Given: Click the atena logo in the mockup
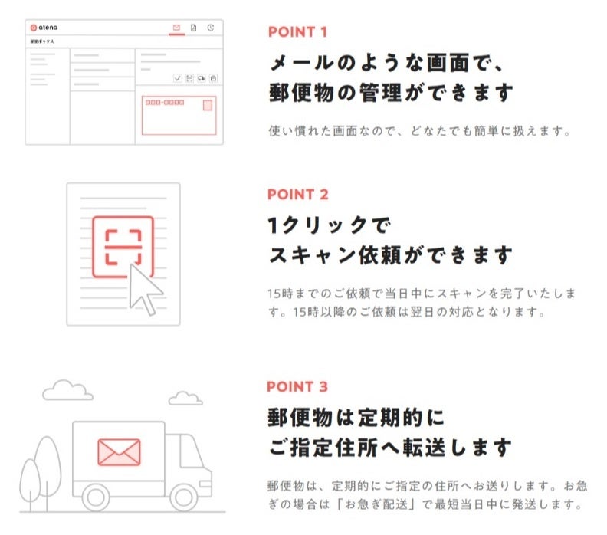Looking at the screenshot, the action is tap(44, 28).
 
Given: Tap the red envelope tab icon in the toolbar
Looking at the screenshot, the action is tap(176, 28).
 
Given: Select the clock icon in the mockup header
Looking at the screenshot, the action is tap(211, 28).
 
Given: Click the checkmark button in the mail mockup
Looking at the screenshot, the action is tap(177, 78).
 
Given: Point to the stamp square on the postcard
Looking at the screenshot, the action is tap(208, 105).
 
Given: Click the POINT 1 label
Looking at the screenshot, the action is tap(297, 32).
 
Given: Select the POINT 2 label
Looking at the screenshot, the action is tap(298, 195).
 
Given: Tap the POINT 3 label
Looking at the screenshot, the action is tap(297, 387).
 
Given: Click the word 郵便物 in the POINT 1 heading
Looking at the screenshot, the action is tap(301, 93).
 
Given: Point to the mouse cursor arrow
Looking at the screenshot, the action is tap(143, 289).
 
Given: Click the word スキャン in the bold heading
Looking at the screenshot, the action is tap(313, 255).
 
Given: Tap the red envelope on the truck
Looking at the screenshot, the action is tap(120, 451).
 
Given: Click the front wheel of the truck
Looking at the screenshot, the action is tap(183, 497).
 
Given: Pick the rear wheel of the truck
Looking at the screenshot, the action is tap(96, 497).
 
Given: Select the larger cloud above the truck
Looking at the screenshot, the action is tap(67, 390).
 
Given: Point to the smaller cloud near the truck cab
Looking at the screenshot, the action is tap(185, 399).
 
